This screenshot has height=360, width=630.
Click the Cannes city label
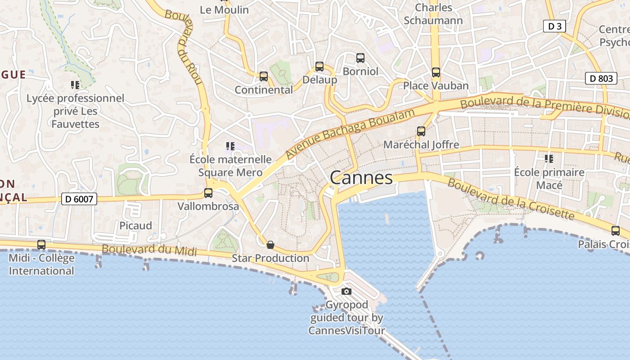[x=361, y=178]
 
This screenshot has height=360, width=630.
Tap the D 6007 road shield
[x=79, y=198]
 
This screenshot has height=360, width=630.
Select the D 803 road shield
[x=601, y=78]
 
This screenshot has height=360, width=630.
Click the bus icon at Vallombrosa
[x=208, y=193]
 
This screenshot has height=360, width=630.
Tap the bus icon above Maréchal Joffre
[x=421, y=131]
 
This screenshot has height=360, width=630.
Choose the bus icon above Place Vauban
[x=436, y=72]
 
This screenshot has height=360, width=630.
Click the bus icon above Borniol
[x=360, y=58]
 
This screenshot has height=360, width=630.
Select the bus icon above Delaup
[x=319, y=67]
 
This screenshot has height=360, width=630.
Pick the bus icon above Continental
[x=264, y=76]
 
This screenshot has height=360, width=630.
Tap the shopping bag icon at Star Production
[x=270, y=245]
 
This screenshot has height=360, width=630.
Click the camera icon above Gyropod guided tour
[x=346, y=291]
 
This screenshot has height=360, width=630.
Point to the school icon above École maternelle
[x=230, y=146]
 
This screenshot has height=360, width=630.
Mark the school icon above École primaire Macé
[x=549, y=158]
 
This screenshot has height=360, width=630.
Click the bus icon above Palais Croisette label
[x=615, y=231]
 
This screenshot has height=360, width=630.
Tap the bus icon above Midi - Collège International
[x=41, y=245]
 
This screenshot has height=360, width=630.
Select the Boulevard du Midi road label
[x=149, y=250]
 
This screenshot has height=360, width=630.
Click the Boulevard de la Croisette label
[x=511, y=199]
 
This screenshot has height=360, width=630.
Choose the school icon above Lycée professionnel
[x=75, y=85]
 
